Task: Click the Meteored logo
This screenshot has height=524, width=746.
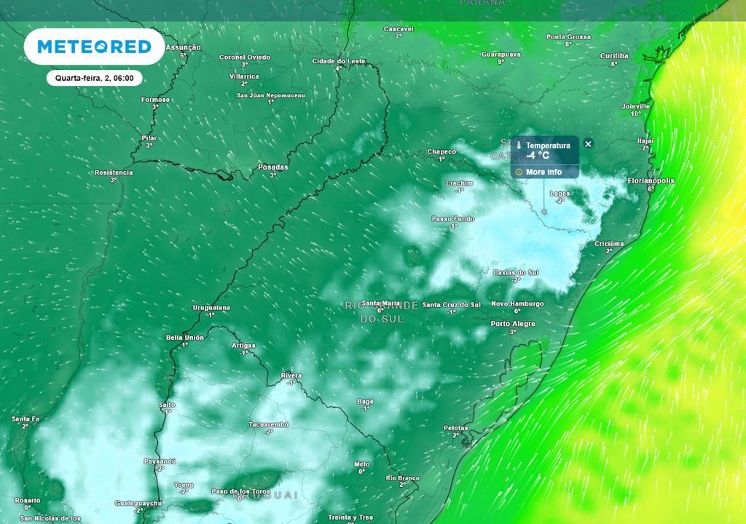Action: (x=94, y=47)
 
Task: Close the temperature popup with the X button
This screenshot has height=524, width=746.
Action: (x=589, y=144)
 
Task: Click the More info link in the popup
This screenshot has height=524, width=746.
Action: (x=543, y=172)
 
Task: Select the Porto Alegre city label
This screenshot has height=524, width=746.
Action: (x=513, y=324)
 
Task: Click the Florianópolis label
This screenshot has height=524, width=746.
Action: (x=651, y=180)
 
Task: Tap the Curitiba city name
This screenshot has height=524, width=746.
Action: (x=613, y=55)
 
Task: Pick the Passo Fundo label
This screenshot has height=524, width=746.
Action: (x=452, y=218)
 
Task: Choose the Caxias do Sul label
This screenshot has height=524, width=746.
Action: (x=516, y=272)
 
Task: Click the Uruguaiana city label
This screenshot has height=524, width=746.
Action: (x=211, y=308)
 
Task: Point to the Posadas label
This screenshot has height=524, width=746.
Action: (x=273, y=167)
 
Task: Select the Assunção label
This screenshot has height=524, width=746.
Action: (x=183, y=47)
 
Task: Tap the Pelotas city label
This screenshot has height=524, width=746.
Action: (x=455, y=428)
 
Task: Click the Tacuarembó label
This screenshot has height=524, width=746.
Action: (x=269, y=424)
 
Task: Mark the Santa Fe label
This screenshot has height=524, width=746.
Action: (x=25, y=418)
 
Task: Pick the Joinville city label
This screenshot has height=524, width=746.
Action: (x=635, y=106)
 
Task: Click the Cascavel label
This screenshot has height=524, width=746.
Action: (x=398, y=28)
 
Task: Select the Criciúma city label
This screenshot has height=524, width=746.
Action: (x=609, y=243)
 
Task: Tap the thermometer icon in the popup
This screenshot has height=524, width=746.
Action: (x=519, y=146)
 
